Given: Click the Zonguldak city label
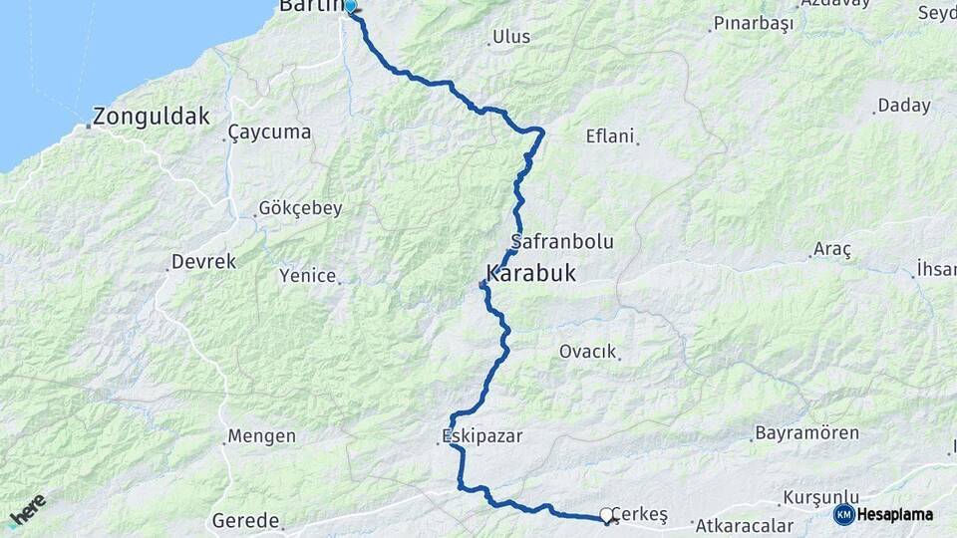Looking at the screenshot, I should click(152, 117).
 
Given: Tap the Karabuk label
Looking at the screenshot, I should click(530, 273).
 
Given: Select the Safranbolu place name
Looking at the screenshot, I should click(561, 241).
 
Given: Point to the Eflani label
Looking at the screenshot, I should click(609, 136).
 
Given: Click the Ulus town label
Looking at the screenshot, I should click(511, 37).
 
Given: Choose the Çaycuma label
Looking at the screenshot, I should click(269, 132).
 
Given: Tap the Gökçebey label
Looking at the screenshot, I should click(300, 208).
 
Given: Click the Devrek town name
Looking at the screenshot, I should click(203, 261).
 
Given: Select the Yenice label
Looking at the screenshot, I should click(307, 275).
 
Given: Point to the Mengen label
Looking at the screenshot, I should click(261, 435).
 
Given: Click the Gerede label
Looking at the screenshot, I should click(245, 520).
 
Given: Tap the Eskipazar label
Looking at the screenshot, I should click(482, 436).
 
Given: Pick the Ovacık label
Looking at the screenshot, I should click(588, 352).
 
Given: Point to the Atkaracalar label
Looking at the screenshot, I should click(745, 525).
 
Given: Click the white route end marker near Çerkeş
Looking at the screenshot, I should click(606, 515).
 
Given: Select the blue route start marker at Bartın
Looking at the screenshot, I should click(350, 5).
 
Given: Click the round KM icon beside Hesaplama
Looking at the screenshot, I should click(843, 514).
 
